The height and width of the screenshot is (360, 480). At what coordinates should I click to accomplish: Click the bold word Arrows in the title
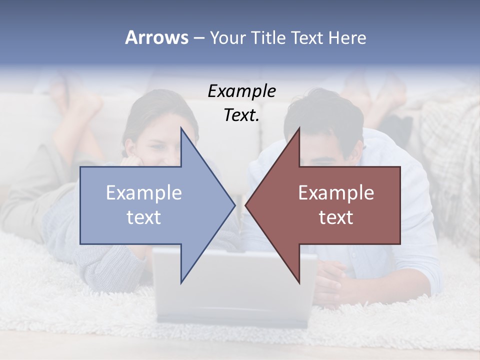(x=156, y=37)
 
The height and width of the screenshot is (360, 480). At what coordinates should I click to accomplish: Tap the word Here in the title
(x=347, y=37)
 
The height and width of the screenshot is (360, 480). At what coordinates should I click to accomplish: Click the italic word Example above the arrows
(x=241, y=91)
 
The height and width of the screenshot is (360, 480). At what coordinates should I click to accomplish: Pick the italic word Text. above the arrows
(x=241, y=115)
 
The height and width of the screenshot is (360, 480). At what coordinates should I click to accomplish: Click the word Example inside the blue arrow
(x=144, y=192)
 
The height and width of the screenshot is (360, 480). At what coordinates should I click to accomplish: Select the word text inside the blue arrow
(x=144, y=217)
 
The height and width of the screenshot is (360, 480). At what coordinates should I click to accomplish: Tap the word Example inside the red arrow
(x=336, y=192)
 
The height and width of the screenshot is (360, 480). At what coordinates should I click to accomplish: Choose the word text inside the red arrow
(x=336, y=217)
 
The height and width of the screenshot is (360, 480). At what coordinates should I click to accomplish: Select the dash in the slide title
(x=198, y=38)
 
